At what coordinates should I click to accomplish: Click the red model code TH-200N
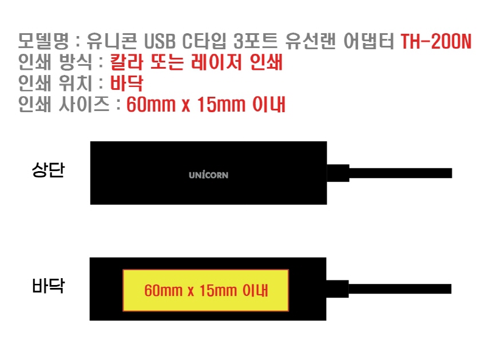[x=436, y=41]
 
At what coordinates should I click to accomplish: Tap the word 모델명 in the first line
[x=43, y=41]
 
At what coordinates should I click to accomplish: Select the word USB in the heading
[x=160, y=41]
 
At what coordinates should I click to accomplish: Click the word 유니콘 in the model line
[x=112, y=41]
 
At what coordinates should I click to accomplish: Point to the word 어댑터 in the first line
[x=368, y=41]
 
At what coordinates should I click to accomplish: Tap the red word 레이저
[x=216, y=62]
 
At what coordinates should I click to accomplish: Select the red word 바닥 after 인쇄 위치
[x=127, y=83]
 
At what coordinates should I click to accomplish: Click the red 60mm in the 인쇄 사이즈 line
[x=151, y=105]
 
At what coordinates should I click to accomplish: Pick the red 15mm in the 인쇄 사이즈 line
[x=221, y=105]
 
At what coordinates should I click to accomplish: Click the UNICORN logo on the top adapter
[x=208, y=175]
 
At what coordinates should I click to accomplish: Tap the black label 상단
[x=48, y=170]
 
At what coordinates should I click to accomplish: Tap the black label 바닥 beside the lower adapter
[x=48, y=286]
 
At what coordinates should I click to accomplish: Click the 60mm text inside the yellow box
[x=163, y=290]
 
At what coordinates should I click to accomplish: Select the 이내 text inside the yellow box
[x=255, y=290]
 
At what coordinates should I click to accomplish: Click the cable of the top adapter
[x=400, y=173]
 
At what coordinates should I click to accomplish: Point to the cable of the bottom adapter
[x=400, y=289]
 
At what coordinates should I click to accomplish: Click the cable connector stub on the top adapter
[x=338, y=173]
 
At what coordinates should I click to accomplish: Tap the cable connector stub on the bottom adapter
[x=338, y=289]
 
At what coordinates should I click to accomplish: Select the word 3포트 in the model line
[x=256, y=41]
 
